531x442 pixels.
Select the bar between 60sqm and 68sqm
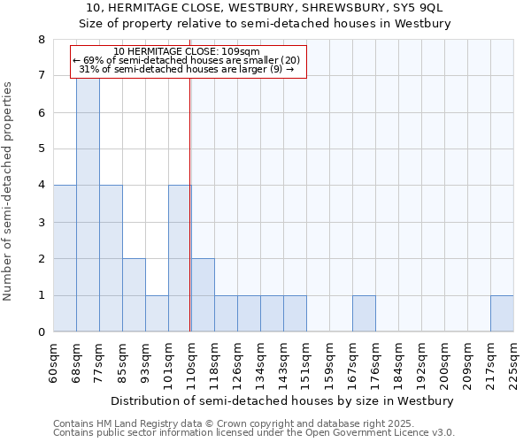pos(65,258)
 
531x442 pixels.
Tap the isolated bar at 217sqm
pos(502,314)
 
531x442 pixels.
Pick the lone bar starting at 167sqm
pos(364,314)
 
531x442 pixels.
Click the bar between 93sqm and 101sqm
pos(157,314)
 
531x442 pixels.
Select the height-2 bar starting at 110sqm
pos(203,295)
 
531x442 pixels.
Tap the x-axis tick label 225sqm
pos(514,362)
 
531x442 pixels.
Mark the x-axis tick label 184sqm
pos(399,362)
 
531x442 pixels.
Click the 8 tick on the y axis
pos(41,40)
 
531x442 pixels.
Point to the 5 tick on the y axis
pos(41,149)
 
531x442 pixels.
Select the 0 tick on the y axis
pos(41,332)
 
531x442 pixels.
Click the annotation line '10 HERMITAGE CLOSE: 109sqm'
pos(187,51)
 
